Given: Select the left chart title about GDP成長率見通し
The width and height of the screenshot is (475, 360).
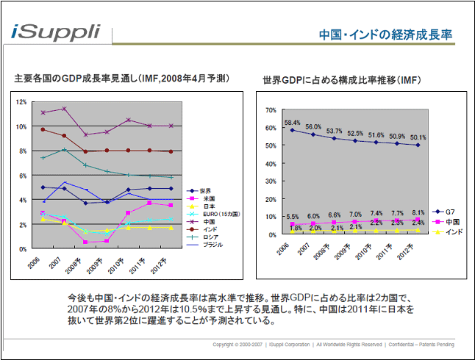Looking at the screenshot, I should click(x=121, y=77).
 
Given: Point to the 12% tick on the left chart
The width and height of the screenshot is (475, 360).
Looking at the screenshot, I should click(x=22, y=102).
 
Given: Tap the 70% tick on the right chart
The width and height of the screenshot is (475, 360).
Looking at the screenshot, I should click(x=270, y=110).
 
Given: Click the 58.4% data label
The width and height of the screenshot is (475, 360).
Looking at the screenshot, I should click(x=292, y=123).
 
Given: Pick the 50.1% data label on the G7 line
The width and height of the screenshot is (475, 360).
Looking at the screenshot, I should click(x=418, y=137).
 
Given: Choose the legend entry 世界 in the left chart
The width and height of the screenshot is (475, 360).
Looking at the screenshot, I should click(x=205, y=190).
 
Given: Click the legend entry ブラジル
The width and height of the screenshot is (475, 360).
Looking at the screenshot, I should click(x=212, y=245).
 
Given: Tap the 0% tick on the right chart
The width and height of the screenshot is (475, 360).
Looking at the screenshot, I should click(x=271, y=234).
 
